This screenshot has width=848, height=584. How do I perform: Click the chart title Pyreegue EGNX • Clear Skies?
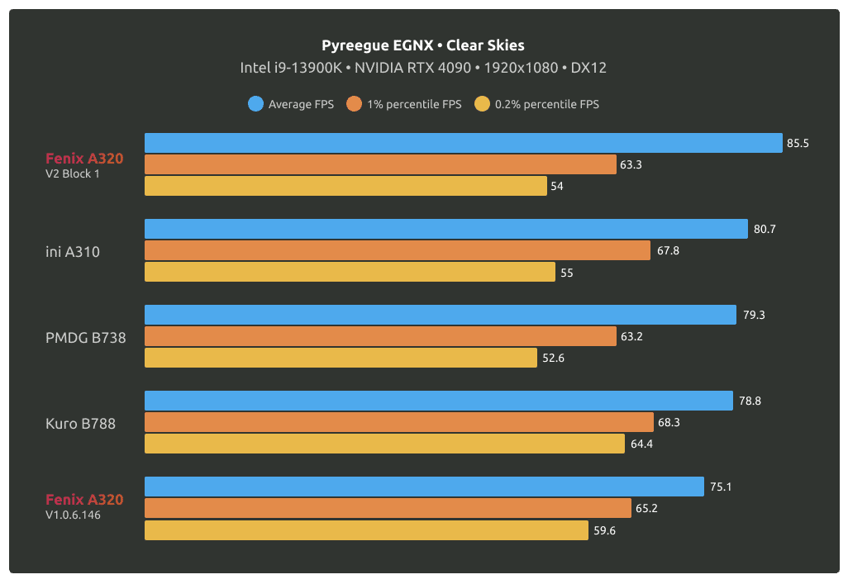coord(423,45)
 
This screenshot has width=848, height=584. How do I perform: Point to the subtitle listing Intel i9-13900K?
coord(423,68)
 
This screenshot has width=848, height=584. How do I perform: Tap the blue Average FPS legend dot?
coord(255,104)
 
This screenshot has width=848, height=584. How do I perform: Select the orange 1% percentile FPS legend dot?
coord(355,104)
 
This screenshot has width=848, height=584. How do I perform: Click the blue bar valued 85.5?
coord(463,143)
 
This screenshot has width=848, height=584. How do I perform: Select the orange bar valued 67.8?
coord(397,250)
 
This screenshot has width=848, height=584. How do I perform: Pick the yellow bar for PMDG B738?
coord(341,358)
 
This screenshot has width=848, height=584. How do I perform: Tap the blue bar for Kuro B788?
coord(438,401)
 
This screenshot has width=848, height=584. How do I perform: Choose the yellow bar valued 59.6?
coord(366,529)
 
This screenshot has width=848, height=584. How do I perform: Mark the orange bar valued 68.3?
coord(398,422)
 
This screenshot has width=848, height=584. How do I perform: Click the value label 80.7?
coord(765,229)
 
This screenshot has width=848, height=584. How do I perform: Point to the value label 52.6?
coord(553,358)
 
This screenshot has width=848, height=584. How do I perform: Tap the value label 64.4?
coord(641,444)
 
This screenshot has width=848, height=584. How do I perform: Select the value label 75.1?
coord(720,487)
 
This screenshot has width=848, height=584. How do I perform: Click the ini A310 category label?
coord(73,251)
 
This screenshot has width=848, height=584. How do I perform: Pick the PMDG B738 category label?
coord(86,337)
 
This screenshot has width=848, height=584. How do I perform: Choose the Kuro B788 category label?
coord(80,423)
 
